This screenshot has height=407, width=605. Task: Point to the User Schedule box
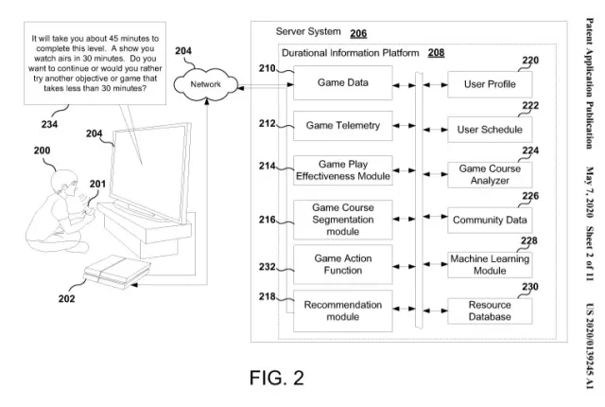coord(489,129)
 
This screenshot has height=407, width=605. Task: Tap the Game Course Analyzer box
coord(489,174)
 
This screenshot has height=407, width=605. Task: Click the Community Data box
coord(489,221)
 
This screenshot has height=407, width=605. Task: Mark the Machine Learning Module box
coord(489,264)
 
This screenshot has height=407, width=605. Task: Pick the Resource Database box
coord(489,310)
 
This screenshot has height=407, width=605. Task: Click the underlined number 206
coord(358,34)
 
